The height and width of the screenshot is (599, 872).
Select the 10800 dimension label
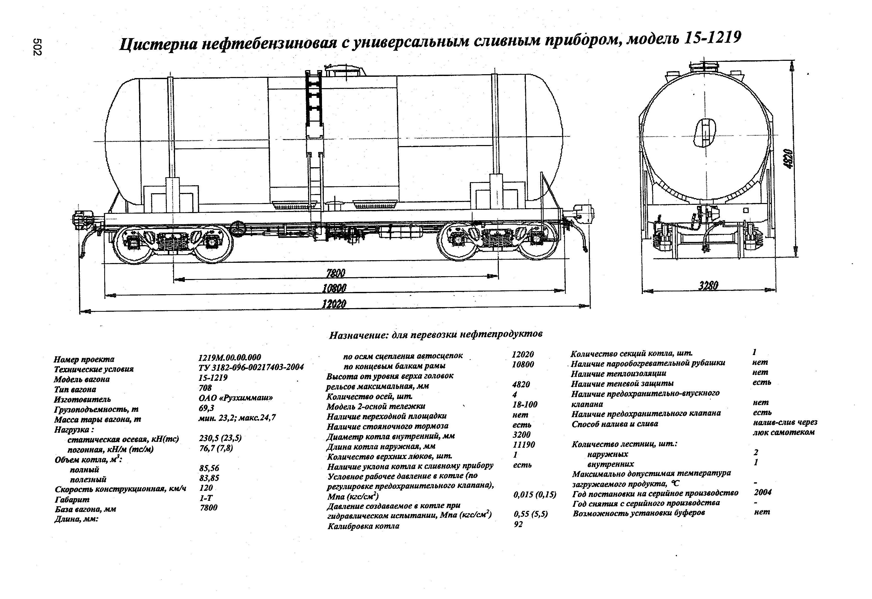334,288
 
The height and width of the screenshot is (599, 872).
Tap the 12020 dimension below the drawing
334,304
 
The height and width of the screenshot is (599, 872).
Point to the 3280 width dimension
708,286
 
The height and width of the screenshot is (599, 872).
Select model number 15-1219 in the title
712,38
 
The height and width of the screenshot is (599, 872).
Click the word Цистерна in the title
159,45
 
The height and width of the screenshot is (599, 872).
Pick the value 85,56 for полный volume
209,468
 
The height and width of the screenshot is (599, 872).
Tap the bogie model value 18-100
525,404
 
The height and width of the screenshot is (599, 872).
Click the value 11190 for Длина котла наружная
524,445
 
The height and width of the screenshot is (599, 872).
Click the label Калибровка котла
363,526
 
